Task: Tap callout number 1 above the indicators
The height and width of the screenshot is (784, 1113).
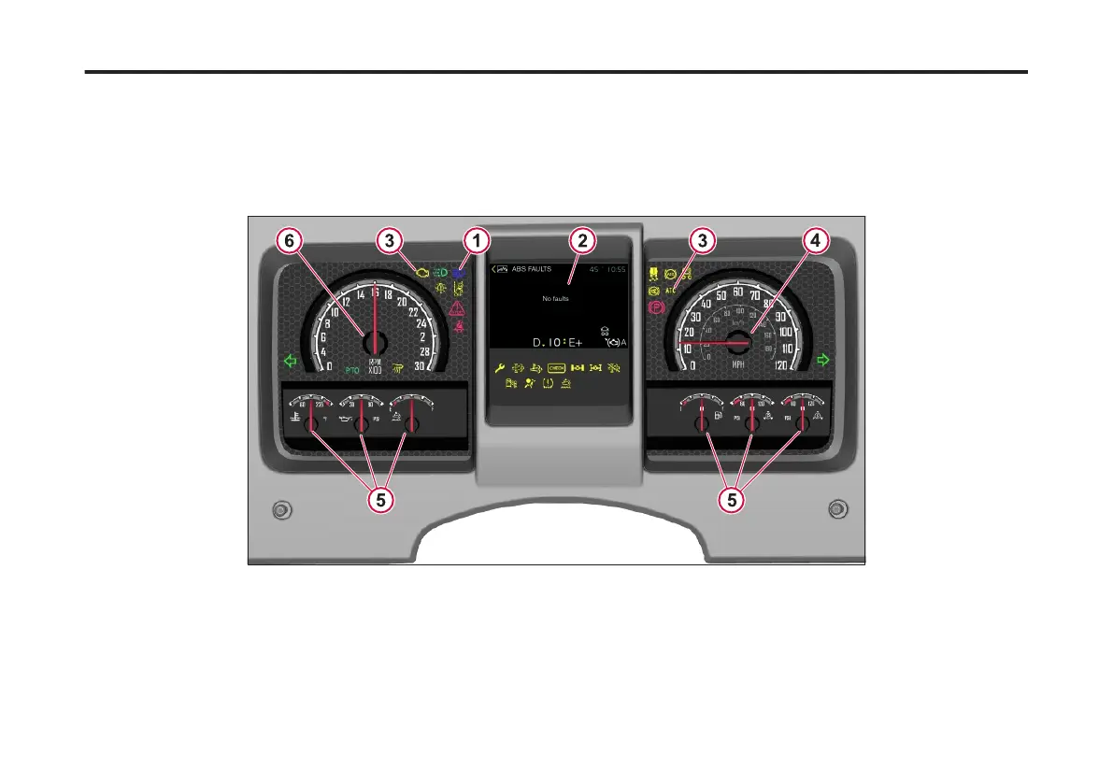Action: pyautogui.click(x=477, y=241)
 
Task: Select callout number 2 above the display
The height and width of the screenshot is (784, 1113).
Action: pyautogui.click(x=582, y=241)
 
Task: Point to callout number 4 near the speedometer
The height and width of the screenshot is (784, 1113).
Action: pyautogui.click(x=816, y=241)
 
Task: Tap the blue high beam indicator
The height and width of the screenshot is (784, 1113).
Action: pyautogui.click(x=459, y=273)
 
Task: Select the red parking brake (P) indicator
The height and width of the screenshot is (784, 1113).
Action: pyautogui.click(x=654, y=306)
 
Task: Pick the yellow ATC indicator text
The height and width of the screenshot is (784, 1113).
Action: pyautogui.click(x=671, y=291)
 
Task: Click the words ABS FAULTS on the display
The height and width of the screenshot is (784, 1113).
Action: pyautogui.click(x=531, y=269)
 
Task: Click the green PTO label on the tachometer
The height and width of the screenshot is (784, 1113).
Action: pyautogui.click(x=352, y=369)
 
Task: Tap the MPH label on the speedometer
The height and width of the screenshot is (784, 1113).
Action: pyautogui.click(x=738, y=363)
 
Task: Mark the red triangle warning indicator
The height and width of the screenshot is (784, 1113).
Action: pyautogui.click(x=458, y=307)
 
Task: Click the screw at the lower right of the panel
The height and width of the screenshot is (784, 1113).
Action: pyautogui.click(x=837, y=509)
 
